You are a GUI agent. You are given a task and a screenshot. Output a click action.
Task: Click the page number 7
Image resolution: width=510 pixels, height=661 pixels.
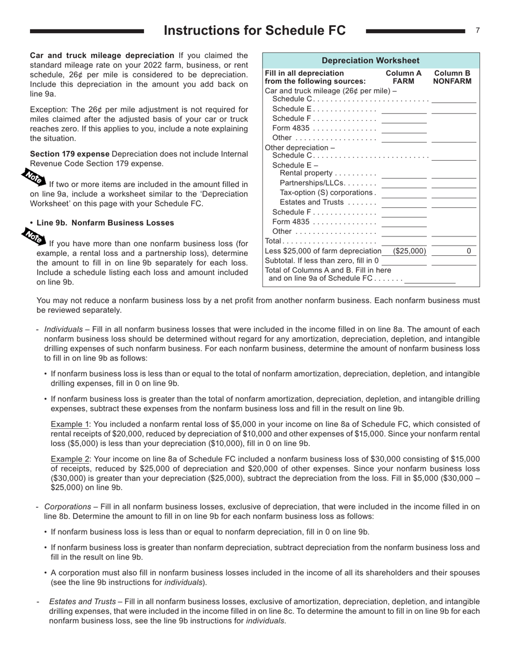[477, 31]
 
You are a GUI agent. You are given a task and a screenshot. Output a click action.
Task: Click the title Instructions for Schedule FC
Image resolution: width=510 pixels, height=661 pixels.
[254, 31]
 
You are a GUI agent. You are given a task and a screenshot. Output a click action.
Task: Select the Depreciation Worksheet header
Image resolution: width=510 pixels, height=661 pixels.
[370, 61]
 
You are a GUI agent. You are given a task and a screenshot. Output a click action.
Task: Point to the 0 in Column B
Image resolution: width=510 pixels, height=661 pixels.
[468, 251]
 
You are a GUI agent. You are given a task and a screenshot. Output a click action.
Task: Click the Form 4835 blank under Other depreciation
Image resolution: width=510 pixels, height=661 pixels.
[404, 222]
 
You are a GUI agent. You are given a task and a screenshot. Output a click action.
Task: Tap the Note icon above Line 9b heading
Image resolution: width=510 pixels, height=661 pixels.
[33, 176]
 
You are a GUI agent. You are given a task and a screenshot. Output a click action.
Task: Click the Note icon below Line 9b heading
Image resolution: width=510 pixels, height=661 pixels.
[33, 235]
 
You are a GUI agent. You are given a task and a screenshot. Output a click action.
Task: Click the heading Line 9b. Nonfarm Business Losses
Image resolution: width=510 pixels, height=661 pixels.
[105, 222]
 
